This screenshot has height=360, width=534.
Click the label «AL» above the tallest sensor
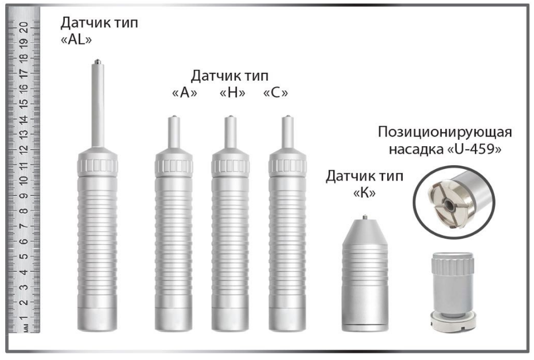click(x=76, y=40)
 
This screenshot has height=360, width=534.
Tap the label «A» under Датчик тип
click(x=185, y=92)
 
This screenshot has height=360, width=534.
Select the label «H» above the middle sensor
click(x=232, y=92)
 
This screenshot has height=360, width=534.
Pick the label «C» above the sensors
click(x=276, y=92)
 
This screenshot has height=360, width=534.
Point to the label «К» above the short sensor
click(x=364, y=193)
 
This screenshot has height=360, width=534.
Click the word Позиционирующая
click(x=445, y=132)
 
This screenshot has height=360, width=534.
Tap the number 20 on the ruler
click(x=24, y=27)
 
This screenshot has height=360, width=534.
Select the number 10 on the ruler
click(x=24, y=180)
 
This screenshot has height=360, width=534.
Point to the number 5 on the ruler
click(x=24, y=256)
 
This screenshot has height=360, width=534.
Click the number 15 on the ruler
click(x=24, y=104)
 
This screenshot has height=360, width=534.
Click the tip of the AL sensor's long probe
click(x=98, y=61)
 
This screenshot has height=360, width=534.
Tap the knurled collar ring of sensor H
click(x=230, y=166)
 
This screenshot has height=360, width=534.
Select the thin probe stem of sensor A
click(x=174, y=132)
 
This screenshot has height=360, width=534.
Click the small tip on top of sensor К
click(x=365, y=217)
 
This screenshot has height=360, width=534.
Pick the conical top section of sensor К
click(x=365, y=232)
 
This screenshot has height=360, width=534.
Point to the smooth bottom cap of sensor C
click(x=287, y=319)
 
